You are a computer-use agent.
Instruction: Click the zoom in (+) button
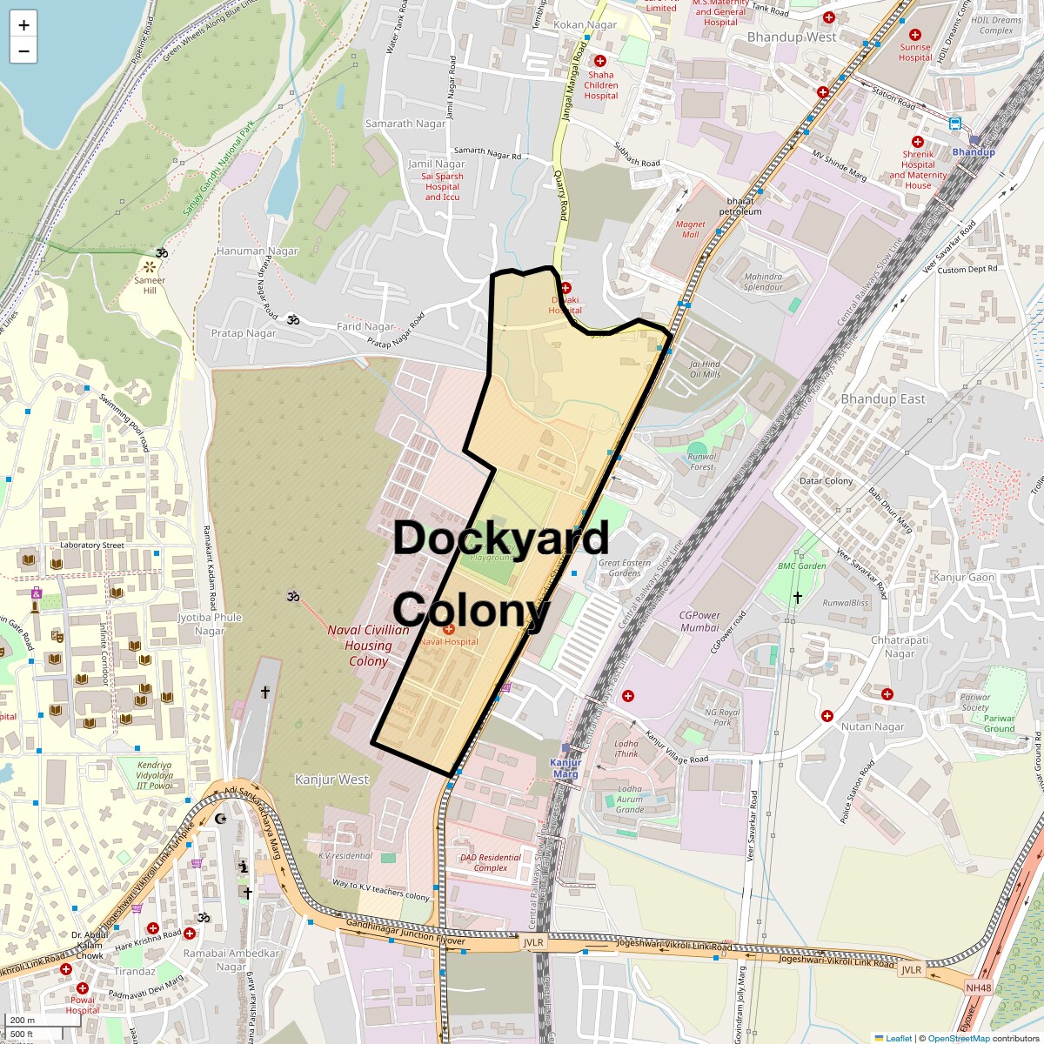pyautogui.click(x=23, y=25)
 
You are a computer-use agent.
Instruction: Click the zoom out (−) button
pyautogui.click(x=23, y=50)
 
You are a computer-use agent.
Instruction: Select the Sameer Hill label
pyautogui.click(x=150, y=285)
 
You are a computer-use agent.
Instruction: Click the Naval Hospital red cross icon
pyautogui.click(x=449, y=629)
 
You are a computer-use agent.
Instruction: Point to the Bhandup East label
pyautogui.click(x=883, y=399)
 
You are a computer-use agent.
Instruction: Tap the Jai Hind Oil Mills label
pyautogui.click(x=705, y=369)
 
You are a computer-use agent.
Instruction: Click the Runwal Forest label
pyautogui.click(x=702, y=461)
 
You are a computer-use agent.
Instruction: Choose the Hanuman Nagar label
pyautogui.click(x=257, y=251)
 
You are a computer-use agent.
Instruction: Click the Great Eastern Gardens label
pyautogui.click(x=625, y=567)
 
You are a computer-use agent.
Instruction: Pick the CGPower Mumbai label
pyautogui.click(x=699, y=621)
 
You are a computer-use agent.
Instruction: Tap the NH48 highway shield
pyautogui.click(x=978, y=987)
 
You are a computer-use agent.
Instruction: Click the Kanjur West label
pyautogui.click(x=331, y=780)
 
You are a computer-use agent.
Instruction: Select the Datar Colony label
pyautogui.click(x=826, y=481)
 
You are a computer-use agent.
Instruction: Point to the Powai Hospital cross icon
pyautogui.click(x=83, y=989)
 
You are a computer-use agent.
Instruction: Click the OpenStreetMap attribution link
pyautogui.click(x=958, y=1038)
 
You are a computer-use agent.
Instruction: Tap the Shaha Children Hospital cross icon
pyautogui.click(x=599, y=61)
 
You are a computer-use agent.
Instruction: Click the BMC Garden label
pyautogui.click(x=801, y=566)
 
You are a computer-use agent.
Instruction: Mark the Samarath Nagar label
pyautogui.click(x=405, y=124)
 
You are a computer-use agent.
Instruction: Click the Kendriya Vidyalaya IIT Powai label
pyautogui.click(x=154, y=775)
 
